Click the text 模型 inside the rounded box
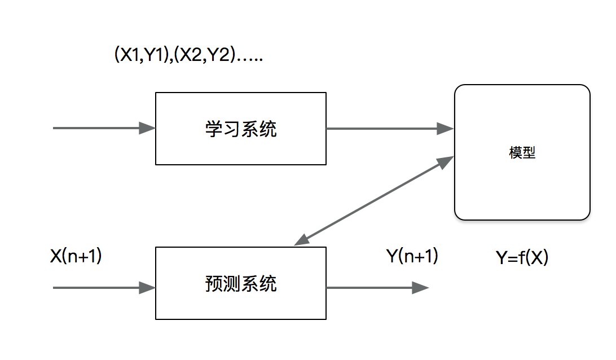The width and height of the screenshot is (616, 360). point(522,153)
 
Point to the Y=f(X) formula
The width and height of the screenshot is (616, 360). point(522,258)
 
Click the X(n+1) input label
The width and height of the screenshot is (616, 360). point(76,256)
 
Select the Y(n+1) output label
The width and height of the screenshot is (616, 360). point(412,256)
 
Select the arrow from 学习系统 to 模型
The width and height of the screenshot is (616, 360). point(389,129)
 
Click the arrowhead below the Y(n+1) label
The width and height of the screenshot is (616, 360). point(420,288)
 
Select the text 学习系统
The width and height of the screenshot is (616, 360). point(241,129)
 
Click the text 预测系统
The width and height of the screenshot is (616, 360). point(241,284)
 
